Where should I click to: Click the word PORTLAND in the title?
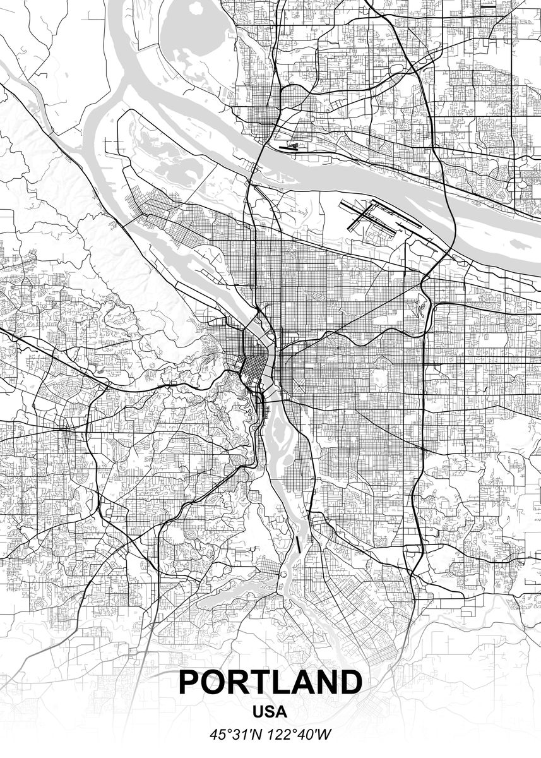(x=270, y=682)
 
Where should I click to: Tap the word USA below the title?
(x=270, y=712)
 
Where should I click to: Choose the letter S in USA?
(x=270, y=712)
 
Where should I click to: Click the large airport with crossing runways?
(x=379, y=218)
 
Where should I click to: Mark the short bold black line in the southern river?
(x=298, y=543)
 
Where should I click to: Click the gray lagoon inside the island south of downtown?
(x=275, y=436)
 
